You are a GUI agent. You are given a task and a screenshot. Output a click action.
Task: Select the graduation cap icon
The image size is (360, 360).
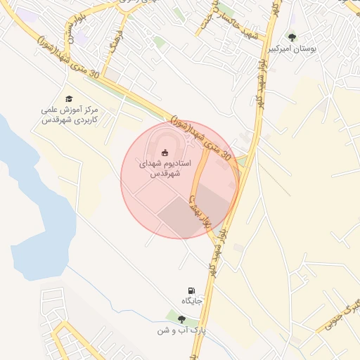(69, 99)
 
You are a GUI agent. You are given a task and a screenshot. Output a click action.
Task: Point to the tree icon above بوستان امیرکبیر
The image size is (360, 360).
(292, 37)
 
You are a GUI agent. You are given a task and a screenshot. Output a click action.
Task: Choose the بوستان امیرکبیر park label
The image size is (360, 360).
(292, 49)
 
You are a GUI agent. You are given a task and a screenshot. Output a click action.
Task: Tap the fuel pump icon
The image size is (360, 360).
(191, 290)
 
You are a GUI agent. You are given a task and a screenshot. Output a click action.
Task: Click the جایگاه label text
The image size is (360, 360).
(192, 302)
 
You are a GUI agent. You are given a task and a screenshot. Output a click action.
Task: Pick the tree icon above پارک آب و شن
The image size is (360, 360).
(181, 319)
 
